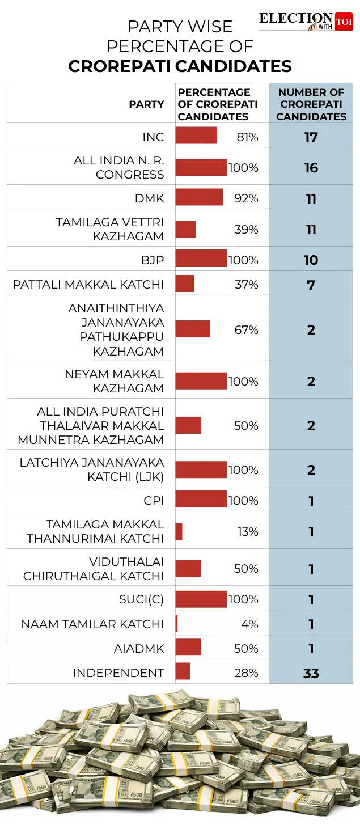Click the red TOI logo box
[x=344, y=22]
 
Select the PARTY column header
[x=146, y=104]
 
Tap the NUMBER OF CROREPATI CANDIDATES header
[x=311, y=104]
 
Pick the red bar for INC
[x=196, y=136]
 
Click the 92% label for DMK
[x=247, y=198]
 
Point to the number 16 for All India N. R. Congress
[x=311, y=168]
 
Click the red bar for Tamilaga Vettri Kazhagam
[x=185, y=230]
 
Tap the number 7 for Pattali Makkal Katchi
[x=311, y=285]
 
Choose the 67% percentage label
[x=247, y=330]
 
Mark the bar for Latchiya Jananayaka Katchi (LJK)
[x=201, y=470]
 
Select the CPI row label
[x=154, y=501]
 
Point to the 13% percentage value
[x=247, y=532]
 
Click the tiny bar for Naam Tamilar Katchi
[x=177, y=624]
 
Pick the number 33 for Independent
[x=311, y=674]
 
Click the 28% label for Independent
[x=247, y=673]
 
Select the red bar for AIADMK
[x=188, y=648]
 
